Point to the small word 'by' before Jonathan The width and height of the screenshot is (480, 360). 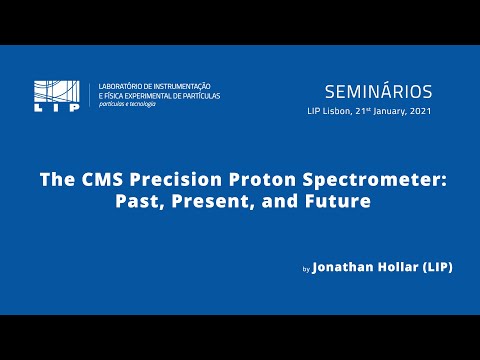point(306,270)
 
